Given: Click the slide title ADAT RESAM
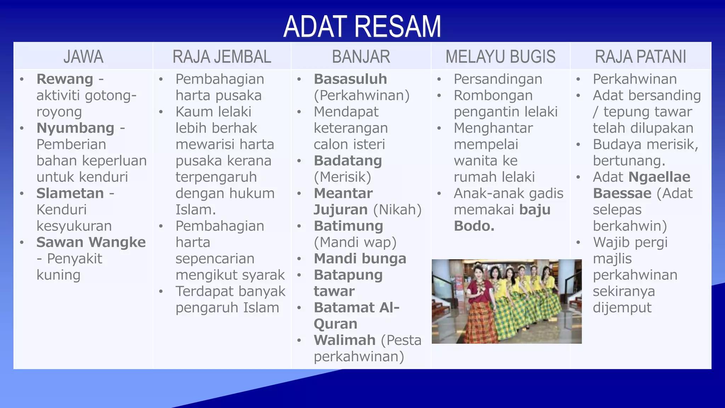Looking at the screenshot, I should [362, 27].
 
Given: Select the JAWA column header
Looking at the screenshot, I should [84, 57].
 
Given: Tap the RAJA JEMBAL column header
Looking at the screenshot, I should [222, 57].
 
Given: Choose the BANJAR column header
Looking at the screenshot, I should [361, 57].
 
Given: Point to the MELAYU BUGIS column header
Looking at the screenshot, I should [501, 57].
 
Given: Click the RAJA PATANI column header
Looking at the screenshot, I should [640, 57].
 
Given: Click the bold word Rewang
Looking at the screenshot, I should [65, 79].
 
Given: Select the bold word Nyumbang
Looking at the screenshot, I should [75, 128].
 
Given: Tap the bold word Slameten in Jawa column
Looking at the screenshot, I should [70, 193].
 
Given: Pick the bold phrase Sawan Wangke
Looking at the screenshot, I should [91, 242].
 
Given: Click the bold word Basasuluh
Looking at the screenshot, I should [350, 79].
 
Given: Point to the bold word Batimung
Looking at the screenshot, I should [348, 226].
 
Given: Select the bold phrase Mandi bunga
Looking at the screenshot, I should [360, 259].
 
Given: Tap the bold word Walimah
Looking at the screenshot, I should [344, 340].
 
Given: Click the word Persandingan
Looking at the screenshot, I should [498, 79].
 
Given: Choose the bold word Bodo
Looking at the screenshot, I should [474, 226].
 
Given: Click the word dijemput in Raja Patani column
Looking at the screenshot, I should [622, 307].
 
